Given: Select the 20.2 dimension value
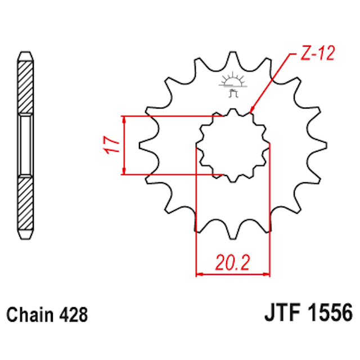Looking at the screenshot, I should [232, 263].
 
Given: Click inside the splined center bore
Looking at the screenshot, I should [232, 146].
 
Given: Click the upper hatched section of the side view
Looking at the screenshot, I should [26, 84].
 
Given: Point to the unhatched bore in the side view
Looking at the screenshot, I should [26, 145].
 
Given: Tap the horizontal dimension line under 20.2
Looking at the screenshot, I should [232, 275].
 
